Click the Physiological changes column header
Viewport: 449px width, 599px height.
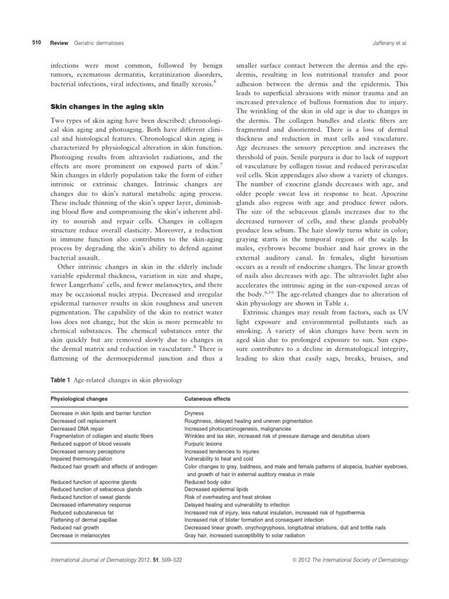pyautogui.click(x=81, y=399)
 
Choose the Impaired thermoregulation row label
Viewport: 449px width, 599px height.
pyautogui.click(x=84, y=459)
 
